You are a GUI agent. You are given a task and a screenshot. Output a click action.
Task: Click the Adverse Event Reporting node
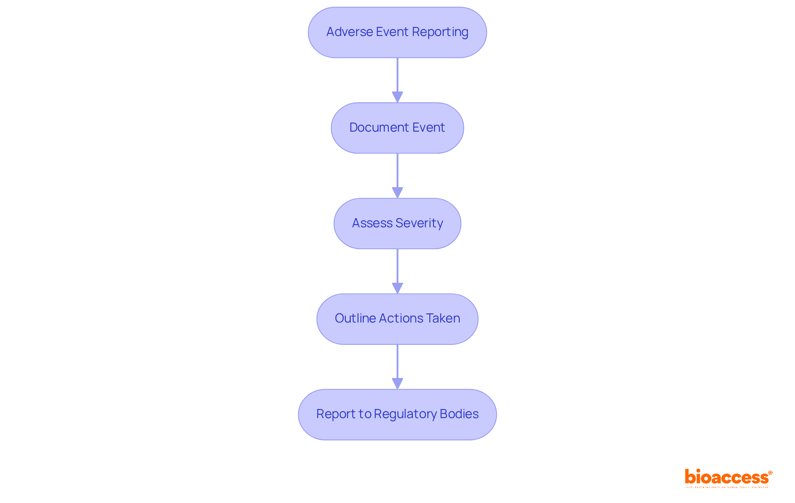[397, 32]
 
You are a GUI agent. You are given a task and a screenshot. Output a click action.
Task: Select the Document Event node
[397, 128]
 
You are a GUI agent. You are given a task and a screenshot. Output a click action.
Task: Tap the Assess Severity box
[397, 224]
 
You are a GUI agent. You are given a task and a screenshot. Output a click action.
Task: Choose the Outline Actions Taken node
[397, 319]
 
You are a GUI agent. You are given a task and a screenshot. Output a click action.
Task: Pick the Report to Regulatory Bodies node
[397, 414]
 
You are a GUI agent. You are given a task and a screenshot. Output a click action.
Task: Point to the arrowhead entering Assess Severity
[397, 193]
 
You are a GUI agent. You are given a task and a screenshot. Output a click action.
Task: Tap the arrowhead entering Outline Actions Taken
[397, 288]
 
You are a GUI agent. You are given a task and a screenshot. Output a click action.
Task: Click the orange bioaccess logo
[726, 477]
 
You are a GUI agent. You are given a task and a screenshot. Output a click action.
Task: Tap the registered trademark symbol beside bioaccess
[770, 473]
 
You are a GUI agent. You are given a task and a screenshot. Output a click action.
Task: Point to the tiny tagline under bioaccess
[726, 487]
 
